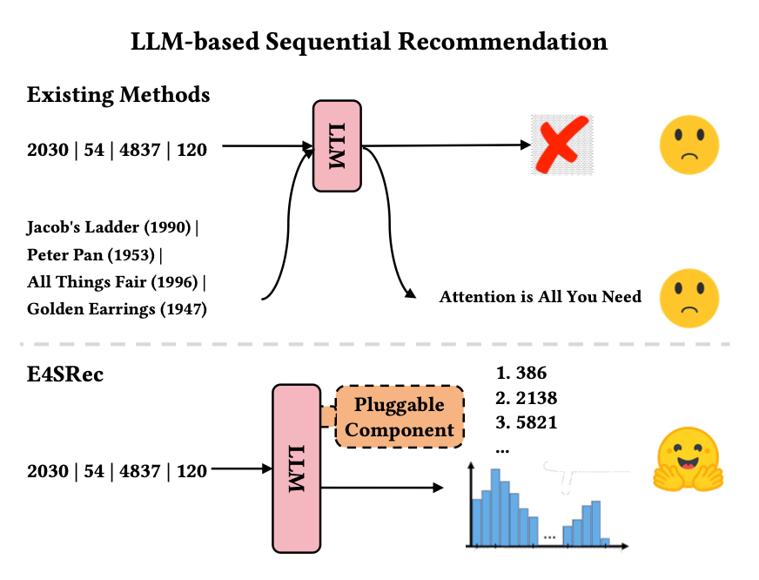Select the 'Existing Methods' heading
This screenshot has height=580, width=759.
point(118,94)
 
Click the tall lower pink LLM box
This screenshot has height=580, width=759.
point(297,468)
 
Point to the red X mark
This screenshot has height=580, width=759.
point(561,145)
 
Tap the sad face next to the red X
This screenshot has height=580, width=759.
point(688,145)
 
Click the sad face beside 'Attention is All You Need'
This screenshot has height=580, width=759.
point(688,296)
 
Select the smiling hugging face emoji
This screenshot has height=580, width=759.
point(688,459)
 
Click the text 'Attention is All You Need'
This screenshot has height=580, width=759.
point(540,297)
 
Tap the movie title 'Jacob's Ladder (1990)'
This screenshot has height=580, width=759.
point(112,228)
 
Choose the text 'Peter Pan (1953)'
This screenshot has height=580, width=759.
point(94,255)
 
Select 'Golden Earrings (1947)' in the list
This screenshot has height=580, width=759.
point(117,308)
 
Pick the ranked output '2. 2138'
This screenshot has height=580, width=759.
point(526,399)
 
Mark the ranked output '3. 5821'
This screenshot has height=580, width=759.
point(526,423)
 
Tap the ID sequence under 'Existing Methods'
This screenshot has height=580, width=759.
point(117,150)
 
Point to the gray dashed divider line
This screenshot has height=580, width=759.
point(379,345)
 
